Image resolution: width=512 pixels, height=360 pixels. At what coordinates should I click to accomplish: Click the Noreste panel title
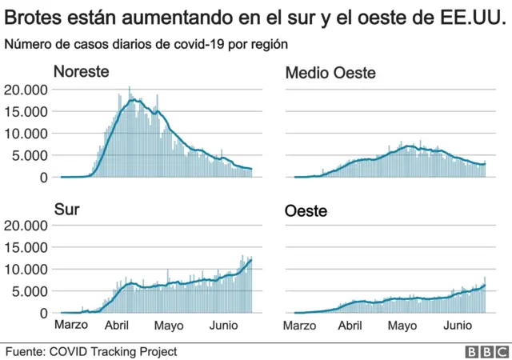(81, 72)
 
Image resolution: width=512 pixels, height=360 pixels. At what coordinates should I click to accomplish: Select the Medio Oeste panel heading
(330, 74)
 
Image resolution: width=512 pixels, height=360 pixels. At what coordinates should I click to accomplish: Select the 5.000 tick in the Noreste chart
(30, 155)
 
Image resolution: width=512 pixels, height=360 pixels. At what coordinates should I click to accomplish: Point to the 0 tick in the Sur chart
(44, 313)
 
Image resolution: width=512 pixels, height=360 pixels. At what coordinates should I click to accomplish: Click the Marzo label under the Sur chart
(71, 326)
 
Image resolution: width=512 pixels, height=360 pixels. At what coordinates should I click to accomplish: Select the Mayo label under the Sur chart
(169, 326)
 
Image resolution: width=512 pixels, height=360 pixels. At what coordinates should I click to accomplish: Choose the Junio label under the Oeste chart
(457, 326)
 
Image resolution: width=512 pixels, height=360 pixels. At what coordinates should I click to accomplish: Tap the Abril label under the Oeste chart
(350, 326)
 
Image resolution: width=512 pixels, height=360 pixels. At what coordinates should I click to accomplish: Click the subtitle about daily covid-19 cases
(146, 44)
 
